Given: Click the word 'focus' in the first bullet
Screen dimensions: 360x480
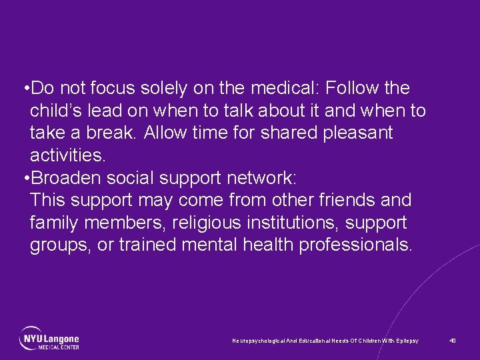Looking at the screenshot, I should tap(122, 88).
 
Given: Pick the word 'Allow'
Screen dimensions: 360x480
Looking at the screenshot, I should tap(165, 133).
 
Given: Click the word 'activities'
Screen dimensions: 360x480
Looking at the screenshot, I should tap(67, 156).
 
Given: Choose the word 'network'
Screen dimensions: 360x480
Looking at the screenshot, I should tap(265, 178).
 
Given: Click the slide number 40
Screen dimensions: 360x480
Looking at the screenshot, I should tap(453, 341).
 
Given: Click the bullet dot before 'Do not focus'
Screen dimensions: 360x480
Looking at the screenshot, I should tap(25, 89).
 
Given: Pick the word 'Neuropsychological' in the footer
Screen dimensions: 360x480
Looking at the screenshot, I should tap(256, 341).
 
